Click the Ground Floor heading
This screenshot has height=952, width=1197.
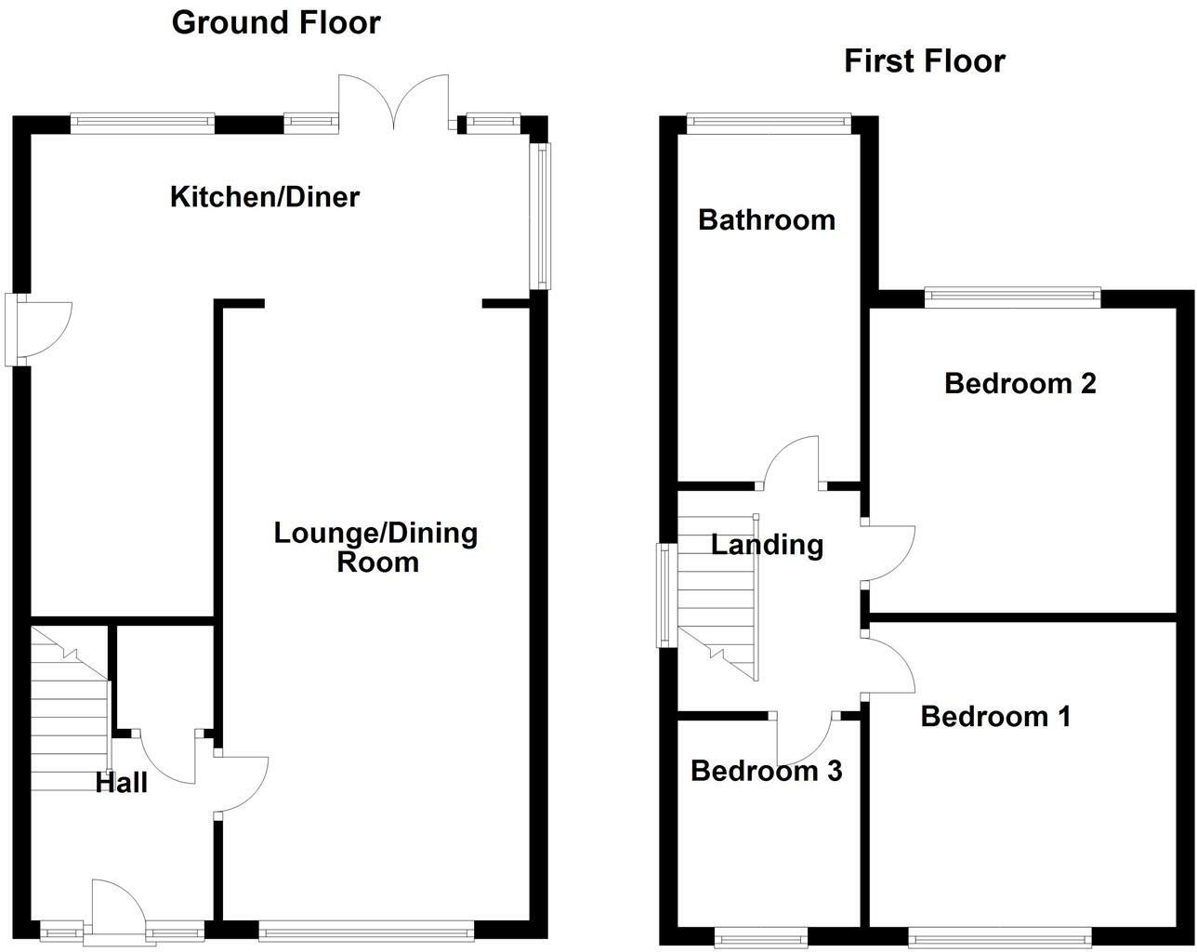point(276,22)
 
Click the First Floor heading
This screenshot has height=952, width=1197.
point(924,61)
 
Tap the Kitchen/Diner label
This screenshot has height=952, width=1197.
point(264,197)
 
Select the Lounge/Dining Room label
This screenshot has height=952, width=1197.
point(376,547)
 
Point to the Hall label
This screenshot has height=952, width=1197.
point(122,783)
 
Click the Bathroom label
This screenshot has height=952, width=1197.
point(767,220)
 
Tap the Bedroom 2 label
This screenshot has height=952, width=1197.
point(1019,383)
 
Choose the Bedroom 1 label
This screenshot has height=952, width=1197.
point(995,716)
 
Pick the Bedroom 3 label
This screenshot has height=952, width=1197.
point(767,771)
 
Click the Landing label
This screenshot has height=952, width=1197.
point(767,544)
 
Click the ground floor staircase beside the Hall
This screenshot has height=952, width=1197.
point(70,711)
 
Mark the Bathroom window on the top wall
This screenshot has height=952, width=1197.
point(768,119)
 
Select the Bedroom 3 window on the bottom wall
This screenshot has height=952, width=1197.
point(760,934)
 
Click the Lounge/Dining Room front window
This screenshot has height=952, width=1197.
point(365,928)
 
